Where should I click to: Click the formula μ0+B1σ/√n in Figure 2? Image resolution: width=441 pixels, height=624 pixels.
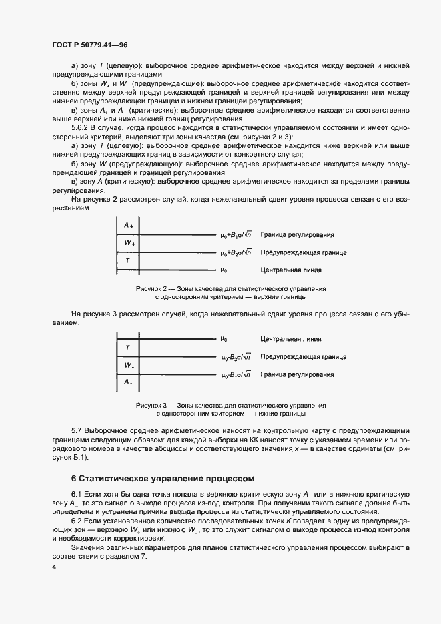click(x=236, y=235)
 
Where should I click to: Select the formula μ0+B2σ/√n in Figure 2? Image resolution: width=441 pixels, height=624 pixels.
click(x=236, y=253)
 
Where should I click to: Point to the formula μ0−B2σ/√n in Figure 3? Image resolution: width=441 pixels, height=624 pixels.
click(x=236, y=357)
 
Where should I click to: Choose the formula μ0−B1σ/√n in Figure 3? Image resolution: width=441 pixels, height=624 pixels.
click(x=236, y=375)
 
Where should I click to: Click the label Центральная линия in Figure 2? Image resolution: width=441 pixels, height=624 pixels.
click(x=291, y=271)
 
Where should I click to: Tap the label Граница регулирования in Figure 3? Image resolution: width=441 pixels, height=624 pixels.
click(x=297, y=375)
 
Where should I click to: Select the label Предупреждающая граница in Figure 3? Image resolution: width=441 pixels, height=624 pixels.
click(x=303, y=357)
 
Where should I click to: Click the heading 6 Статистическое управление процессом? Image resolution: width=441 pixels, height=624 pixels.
click(x=163, y=479)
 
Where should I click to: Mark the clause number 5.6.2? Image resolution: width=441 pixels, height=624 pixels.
click(x=81, y=127)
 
